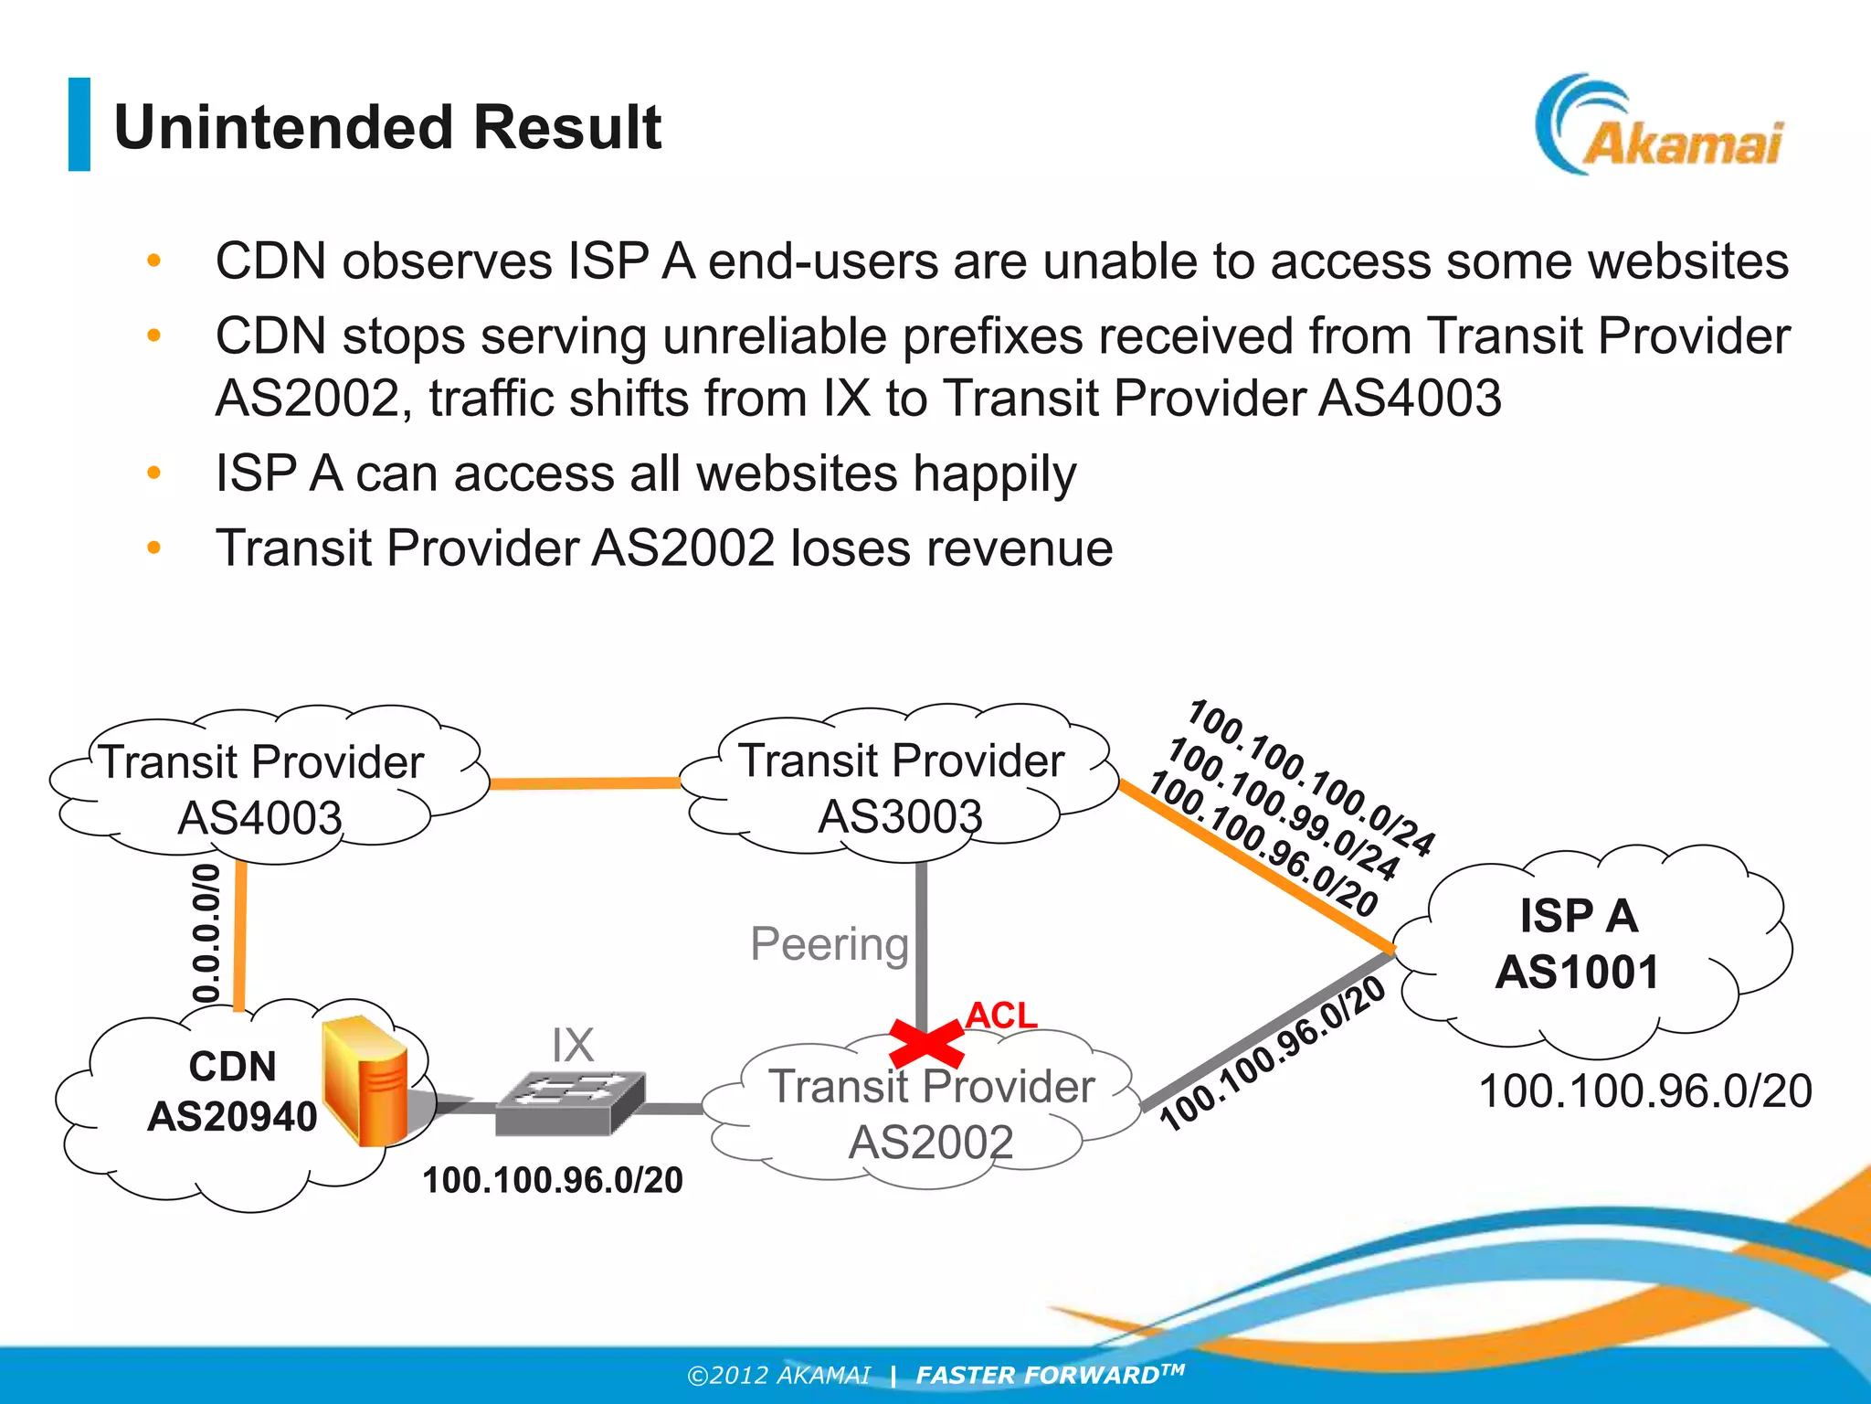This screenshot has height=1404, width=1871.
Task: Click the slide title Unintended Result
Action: [x=387, y=127]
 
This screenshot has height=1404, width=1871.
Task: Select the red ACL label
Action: [x=1001, y=1015]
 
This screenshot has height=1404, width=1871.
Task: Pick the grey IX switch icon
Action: [x=570, y=1102]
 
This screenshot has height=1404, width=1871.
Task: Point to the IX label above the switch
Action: [x=573, y=1045]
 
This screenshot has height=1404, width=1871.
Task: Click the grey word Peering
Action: [x=830, y=943]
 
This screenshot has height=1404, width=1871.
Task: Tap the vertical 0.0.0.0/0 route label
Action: [x=207, y=932]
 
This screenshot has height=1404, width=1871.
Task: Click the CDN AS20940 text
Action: [x=232, y=1091]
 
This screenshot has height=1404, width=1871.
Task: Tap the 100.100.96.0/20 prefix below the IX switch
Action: [x=553, y=1180]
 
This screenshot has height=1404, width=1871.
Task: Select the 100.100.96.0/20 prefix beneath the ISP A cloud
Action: [x=1645, y=1091]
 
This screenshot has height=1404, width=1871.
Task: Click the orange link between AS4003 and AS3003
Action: [x=585, y=783]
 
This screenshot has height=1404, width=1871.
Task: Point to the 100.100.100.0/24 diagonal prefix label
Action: [x=1312, y=777]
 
